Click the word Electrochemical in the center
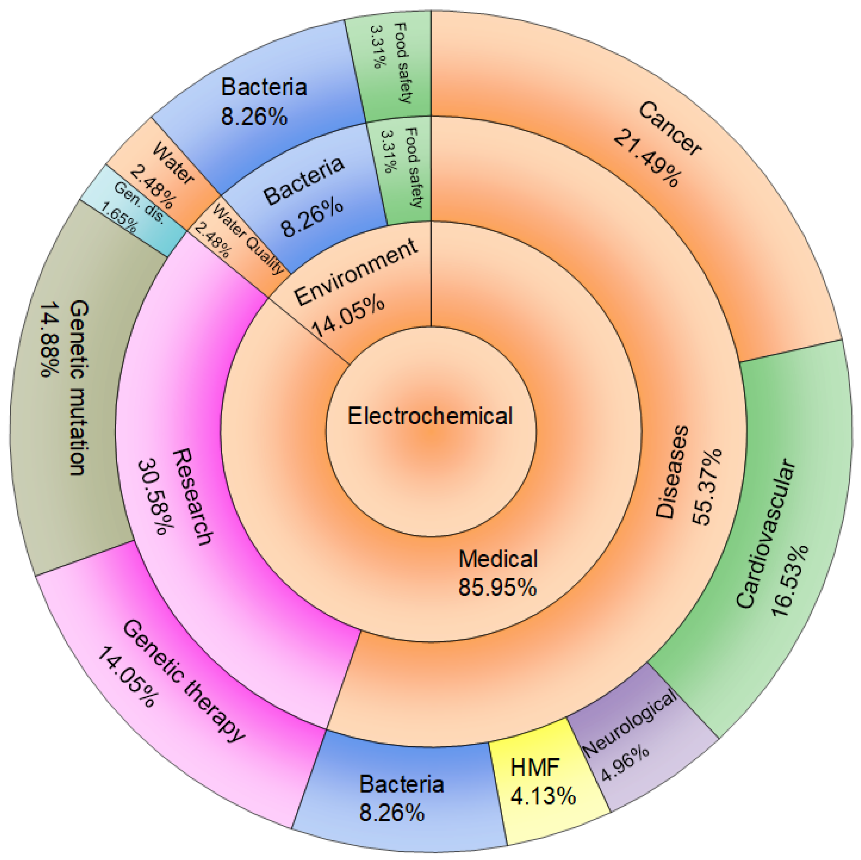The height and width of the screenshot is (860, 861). [430, 416]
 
